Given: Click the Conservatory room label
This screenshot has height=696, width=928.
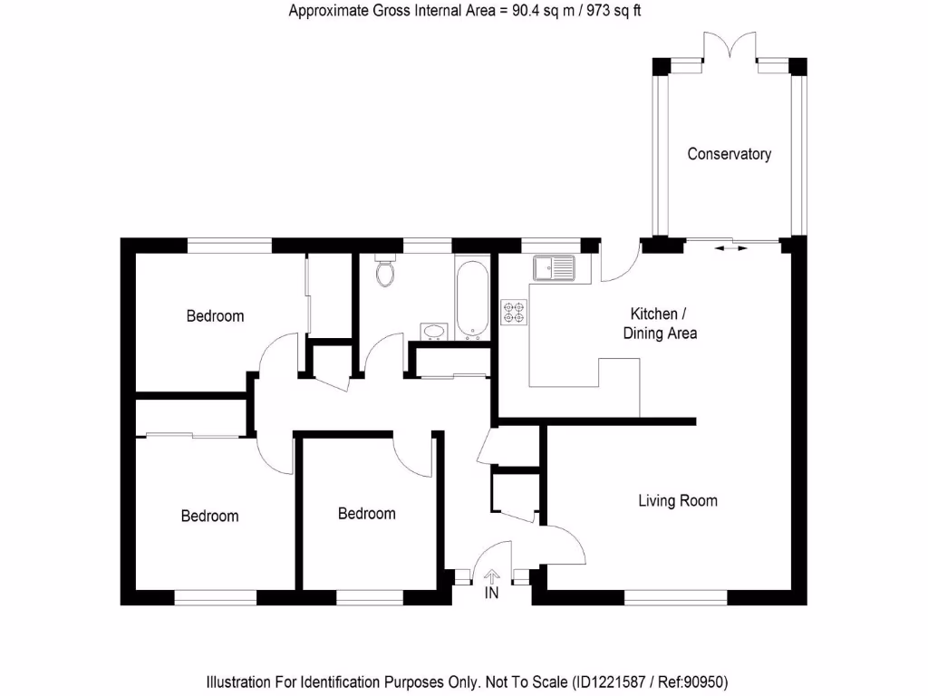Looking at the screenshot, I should coord(729,154).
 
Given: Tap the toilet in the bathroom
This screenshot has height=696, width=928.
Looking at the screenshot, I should coord(385,271).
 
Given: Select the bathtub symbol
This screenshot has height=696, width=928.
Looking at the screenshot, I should coord(470,298).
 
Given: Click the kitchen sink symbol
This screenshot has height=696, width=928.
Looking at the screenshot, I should coord(555,268).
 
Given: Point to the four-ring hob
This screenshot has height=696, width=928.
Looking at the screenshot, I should coord(513,313).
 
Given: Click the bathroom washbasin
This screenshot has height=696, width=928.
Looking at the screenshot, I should coord(433,331).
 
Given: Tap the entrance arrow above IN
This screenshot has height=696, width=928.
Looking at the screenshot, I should coord(492,575).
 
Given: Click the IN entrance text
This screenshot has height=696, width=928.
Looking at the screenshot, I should coord(492,594).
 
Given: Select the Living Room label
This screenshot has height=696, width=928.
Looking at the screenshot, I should coord(677,500).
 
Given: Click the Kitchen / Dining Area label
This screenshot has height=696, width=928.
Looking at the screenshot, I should coord(660,324).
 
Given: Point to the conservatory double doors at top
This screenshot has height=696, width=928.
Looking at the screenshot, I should coord(730,45).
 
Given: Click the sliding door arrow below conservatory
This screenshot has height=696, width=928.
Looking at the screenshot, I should coord(730,246).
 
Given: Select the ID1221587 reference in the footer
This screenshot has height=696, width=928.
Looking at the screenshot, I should coord(609,681).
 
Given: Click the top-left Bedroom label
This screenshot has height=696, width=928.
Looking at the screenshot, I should coord(215,316).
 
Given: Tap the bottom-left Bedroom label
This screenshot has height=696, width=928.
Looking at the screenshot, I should coord(209,516).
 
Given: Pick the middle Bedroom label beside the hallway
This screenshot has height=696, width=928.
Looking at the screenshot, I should coord(366,514).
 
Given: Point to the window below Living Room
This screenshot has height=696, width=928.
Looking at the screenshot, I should coord(676,596).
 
